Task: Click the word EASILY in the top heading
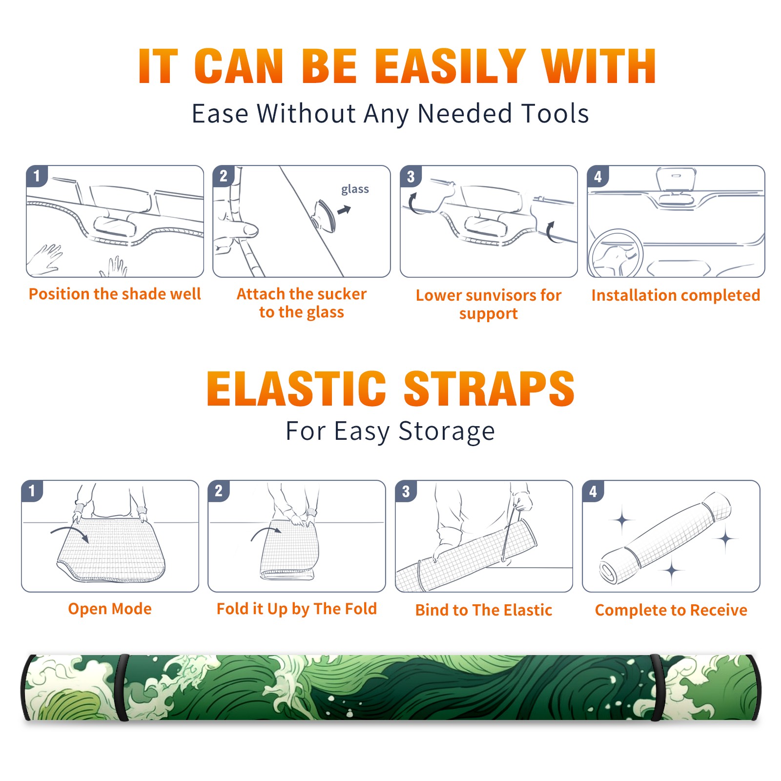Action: point(450,66)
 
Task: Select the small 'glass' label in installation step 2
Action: point(355,189)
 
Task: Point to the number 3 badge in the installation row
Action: point(411,176)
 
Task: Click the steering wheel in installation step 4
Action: point(616,253)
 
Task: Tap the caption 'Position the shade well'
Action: point(115,294)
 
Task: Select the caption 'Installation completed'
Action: point(676,295)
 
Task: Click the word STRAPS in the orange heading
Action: point(489,389)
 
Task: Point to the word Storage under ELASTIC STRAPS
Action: point(447,432)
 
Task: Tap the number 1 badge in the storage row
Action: point(32,491)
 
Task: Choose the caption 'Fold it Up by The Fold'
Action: point(297,609)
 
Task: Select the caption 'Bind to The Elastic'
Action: point(484,610)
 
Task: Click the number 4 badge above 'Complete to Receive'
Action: point(593,491)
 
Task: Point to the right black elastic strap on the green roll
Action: point(657,687)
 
